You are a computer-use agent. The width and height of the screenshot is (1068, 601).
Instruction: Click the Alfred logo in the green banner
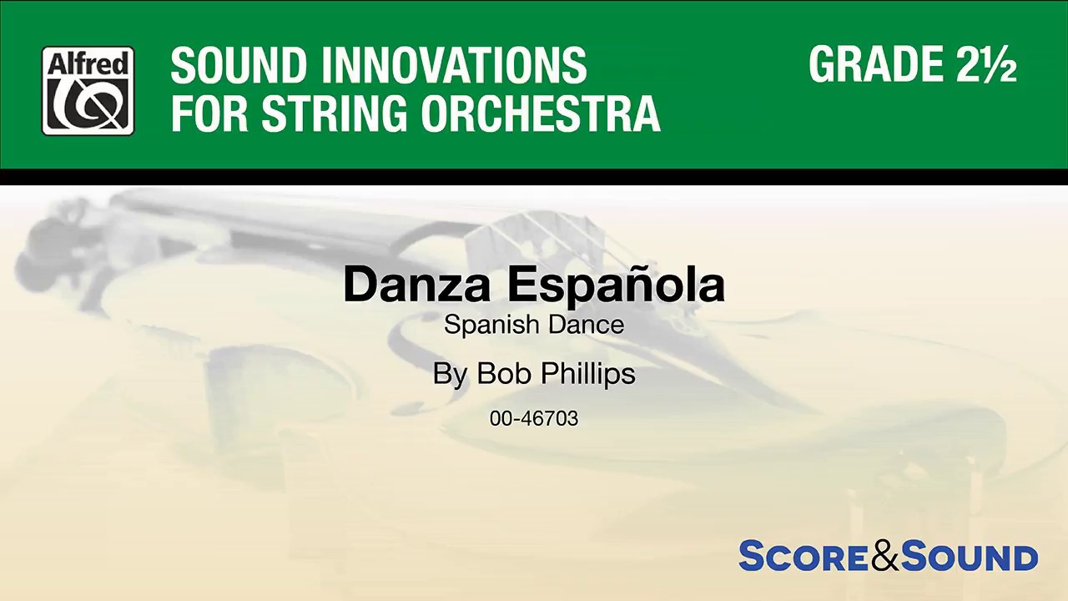[x=88, y=90]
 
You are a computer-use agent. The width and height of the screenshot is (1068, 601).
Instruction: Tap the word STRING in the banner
[x=335, y=114]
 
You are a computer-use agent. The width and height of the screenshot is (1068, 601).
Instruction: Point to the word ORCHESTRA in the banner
[x=541, y=114]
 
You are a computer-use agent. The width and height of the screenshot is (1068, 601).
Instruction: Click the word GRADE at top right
[x=875, y=64]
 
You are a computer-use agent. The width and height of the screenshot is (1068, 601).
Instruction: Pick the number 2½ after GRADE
[x=987, y=64]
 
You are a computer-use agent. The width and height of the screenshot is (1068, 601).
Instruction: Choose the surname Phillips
[x=588, y=375]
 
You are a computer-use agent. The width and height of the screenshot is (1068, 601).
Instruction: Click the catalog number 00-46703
[x=534, y=418]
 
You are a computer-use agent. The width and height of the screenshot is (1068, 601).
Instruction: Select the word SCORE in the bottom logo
[x=804, y=557]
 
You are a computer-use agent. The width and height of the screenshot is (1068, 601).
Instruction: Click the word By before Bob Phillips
[x=450, y=375]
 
